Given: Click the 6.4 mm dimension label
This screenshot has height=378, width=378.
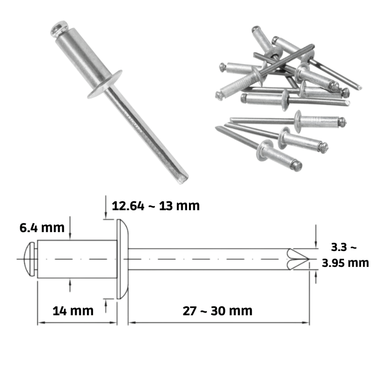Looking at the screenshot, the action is click(x=42, y=228).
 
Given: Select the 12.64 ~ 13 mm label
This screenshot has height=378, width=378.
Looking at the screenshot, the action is click(x=156, y=206).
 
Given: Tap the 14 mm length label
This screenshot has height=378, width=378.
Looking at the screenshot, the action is click(x=73, y=311).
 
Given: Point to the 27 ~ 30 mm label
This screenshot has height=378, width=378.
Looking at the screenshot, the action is click(x=217, y=311).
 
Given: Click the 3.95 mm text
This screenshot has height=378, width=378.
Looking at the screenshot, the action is click(x=345, y=263).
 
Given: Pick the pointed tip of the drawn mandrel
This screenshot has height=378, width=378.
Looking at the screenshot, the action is click(x=309, y=259).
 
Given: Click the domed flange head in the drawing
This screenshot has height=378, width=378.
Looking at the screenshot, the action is click(x=122, y=259).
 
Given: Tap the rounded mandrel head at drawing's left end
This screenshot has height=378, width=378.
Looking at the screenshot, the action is click(x=30, y=259).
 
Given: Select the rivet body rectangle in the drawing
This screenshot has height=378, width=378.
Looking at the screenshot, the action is click(x=77, y=259).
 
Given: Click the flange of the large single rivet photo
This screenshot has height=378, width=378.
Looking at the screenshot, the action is click(x=104, y=85).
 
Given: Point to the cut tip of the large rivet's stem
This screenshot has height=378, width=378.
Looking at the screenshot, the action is click(x=183, y=179).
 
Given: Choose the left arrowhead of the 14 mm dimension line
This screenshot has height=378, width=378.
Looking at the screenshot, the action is click(x=42, y=323).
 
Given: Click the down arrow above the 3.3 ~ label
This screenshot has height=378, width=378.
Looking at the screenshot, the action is click(x=316, y=236).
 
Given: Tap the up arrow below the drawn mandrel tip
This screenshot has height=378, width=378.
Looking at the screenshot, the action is click(x=316, y=277).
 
